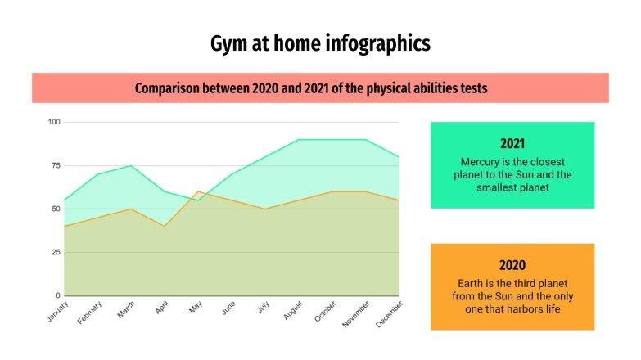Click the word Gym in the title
[x=228, y=43]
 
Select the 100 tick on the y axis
[x=54, y=123]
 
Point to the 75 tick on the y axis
[x=56, y=165]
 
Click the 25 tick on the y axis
[x=56, y=252]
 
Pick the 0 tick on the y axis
[x=57, y=295]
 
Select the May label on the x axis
[x=195, y=308]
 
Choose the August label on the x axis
[x=293, y=311]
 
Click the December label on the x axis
[x=390, y=313]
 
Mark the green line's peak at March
[x=131, y=166]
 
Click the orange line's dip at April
[x=165, y=226]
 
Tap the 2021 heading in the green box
[x=512, y=142]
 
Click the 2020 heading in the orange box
[x=512, y=264]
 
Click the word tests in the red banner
[x=472, y=88]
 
